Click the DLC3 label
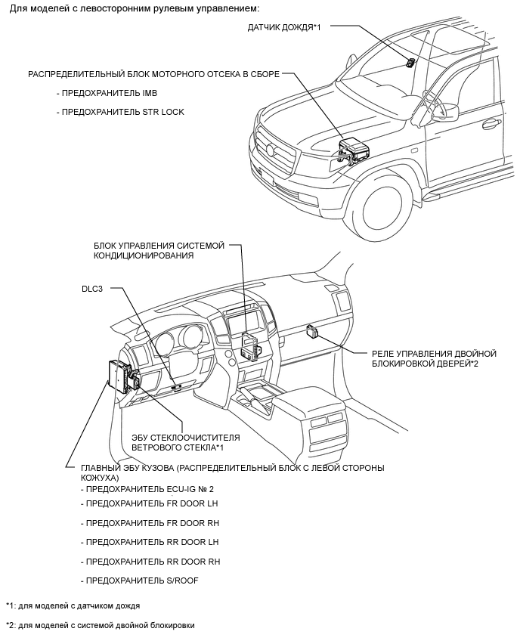[x=94, y=289]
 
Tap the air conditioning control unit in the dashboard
[x=249, y=345]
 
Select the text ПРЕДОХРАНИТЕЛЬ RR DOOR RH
[x=150, y=562]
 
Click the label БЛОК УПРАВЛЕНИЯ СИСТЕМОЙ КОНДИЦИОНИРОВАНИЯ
[x=159, y=250]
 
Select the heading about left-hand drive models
[x=135, y=8]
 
